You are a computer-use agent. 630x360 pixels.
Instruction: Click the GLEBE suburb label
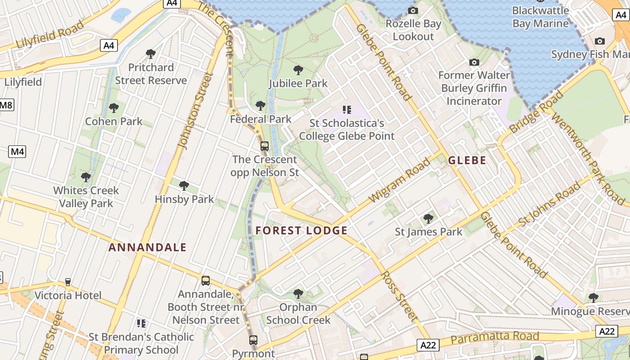tap(467, 160)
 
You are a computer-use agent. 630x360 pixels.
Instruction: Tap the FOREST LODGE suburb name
tap(301, 231)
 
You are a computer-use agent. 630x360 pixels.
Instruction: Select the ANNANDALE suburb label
tap(148, 247)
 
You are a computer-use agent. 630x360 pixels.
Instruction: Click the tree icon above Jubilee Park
tap(298, 70)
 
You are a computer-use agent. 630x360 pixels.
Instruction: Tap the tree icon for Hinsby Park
tap(184, 185)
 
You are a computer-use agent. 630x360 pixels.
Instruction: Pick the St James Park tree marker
tap(428, 219)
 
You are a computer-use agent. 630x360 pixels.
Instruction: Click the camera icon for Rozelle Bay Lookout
tap(413, 10)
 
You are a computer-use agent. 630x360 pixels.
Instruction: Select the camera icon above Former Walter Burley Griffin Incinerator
tap(474, 62)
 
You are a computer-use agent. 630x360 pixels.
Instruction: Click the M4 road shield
tap(17, 152)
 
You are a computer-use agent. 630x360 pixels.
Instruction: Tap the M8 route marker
tap(6, 105)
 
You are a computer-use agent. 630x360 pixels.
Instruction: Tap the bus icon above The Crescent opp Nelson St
tap(265, 146)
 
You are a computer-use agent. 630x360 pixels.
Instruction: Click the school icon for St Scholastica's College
tap(346, 109)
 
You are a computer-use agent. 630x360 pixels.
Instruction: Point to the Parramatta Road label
tap(495, 337)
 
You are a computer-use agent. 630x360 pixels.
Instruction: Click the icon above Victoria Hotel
tap(68, 282)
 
